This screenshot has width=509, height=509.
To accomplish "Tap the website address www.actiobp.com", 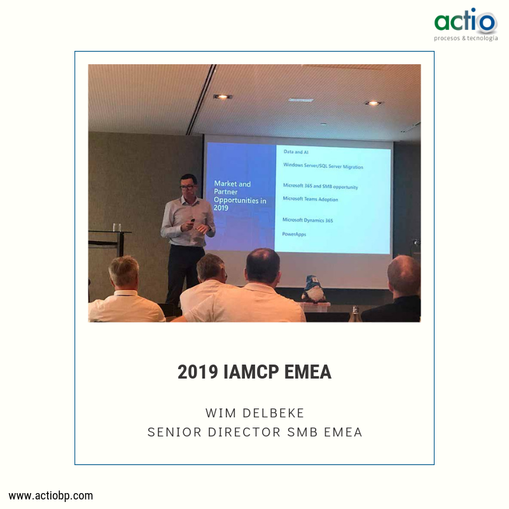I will (x=51, y=495).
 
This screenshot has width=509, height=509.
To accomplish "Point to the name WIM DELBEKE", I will (x=254, y=413).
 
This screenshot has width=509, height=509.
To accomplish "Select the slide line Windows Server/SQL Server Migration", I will (x=323, y=165).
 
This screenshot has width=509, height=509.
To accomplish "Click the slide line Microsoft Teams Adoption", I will (x=310, y=199).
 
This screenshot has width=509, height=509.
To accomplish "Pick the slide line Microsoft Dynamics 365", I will (x=308, y=220).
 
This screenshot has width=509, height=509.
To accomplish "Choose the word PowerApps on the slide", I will (x=295, y=234).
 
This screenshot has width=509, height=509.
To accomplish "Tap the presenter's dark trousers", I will (x=185, y=270).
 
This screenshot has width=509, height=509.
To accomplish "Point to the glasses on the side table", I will (x=116, y=227).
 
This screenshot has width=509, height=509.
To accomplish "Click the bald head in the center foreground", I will (x=263, y=265).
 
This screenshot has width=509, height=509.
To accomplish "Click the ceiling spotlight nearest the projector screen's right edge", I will (x=373, y=102).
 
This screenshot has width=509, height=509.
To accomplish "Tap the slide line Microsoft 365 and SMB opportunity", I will (x=320, y=186).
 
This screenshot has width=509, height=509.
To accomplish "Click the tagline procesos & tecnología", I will (x=466, y=38).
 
